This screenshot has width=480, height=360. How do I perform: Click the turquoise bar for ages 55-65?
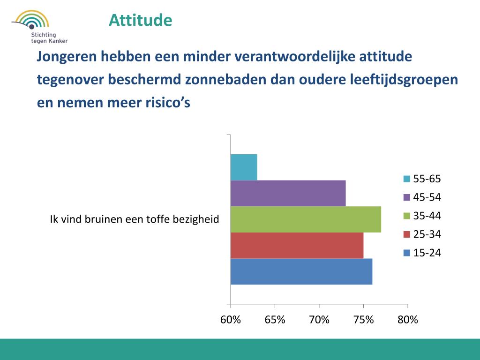[244, 167]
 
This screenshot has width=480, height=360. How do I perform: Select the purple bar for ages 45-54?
[288, 193]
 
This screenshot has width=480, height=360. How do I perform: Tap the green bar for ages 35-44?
[306, 219]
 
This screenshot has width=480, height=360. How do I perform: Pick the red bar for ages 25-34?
[297, 245]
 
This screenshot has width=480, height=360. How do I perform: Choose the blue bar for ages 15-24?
[301, 271]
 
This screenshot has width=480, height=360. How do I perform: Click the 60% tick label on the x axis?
[231, 320]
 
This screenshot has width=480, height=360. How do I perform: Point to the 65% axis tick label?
[275, 320]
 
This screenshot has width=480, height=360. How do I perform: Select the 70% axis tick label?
[319, 320]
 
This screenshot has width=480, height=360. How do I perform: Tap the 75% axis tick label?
[363, 320]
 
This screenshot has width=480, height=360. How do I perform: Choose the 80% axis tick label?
[407, 320]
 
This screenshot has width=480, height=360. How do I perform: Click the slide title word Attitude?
[140, 20]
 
